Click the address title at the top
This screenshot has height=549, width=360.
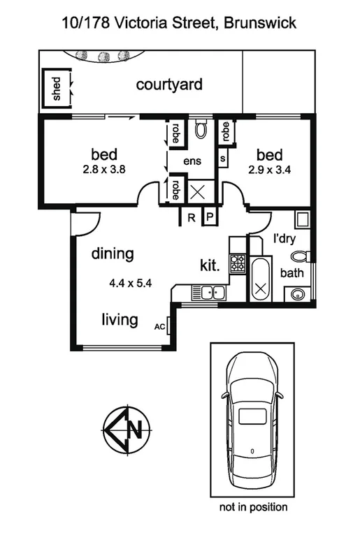pos(180,22)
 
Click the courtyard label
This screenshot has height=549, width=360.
pos(169,85)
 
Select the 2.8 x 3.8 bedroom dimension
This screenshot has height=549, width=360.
pos(103,168)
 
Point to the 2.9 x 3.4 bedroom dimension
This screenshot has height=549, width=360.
pos(269,168)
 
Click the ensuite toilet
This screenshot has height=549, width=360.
pos(201,128)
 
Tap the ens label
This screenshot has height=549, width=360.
pos(192,161)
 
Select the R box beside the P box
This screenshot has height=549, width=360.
pos(191,218)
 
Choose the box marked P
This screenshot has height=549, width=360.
pos(209,218)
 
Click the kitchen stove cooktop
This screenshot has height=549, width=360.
pos(238,263)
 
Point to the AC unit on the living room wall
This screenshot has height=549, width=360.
pos(159,325)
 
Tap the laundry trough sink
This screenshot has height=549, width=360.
pos(302,221)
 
